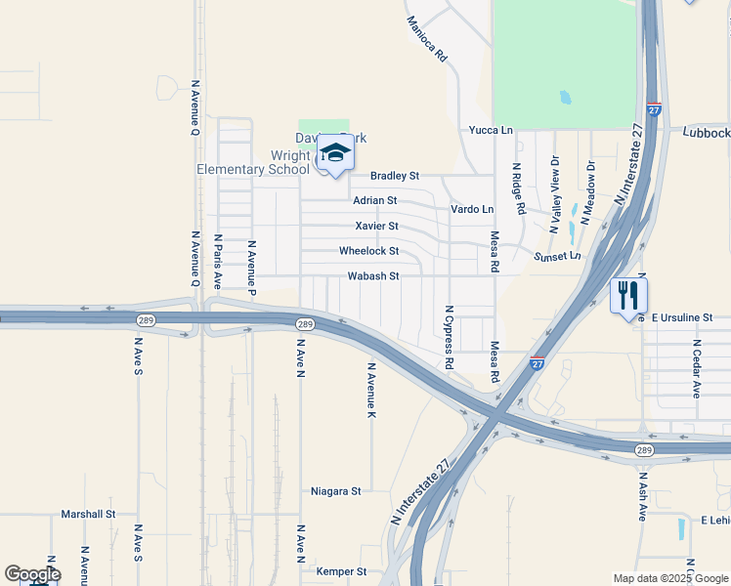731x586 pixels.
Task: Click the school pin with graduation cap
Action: pyautogui.click(x=334, y=154)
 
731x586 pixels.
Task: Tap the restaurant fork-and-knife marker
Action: pyautogui.click(x=627, y=294)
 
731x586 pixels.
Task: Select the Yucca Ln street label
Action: pyautogui.click(x=491, y=130)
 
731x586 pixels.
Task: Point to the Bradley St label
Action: pyautogui.click(x=395, y=176)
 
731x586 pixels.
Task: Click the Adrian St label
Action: pyautogui.click(x=374, y=200)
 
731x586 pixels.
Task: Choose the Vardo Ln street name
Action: pyautogui.click(x=472, y=209)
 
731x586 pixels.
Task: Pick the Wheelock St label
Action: pyautogui.click(x=368, y=251)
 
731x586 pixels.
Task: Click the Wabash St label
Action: pyautogui.click(x=373, y=276)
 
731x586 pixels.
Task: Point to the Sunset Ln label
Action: pyautogui.click(x=557, y=256)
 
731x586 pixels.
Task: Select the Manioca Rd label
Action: pyautogui.click(x=426, y=39)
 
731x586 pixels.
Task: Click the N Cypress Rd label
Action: pyautogui.click(x=450, y=337)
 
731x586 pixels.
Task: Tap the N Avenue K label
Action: pyautogui.click(x=371, y=391)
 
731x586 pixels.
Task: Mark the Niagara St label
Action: pyautogui.click(x=336, y=490)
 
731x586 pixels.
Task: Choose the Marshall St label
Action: pyautogui.click(x=88, y=514)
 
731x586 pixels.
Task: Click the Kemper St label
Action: pyautogui.click(x=341, y=571)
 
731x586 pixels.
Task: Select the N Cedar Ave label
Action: pyautogui.click(x=698, y=368)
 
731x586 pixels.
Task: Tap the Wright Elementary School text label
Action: pyautogui.click(x=253, y=162)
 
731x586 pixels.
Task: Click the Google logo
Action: pyautogui.click(x=32, y=574)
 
